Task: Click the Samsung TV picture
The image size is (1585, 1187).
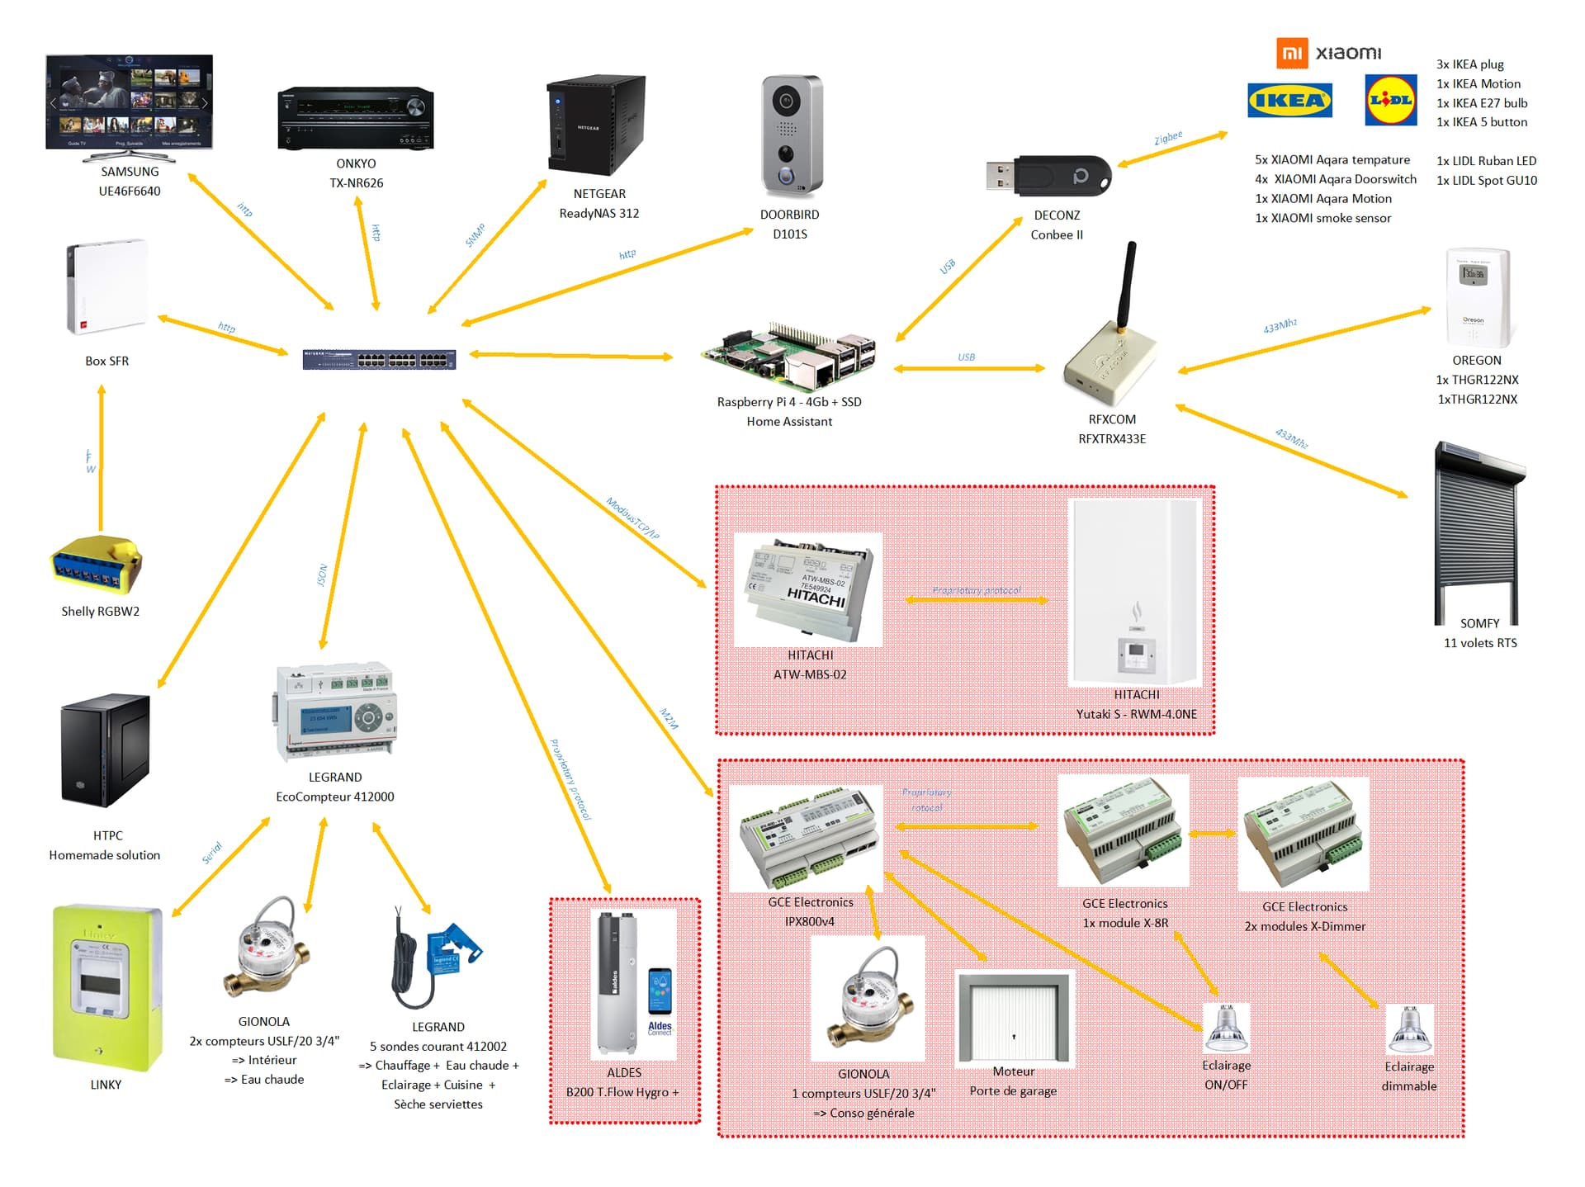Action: (x=130, y=103)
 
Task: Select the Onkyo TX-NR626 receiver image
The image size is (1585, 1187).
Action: (x=356, y=118)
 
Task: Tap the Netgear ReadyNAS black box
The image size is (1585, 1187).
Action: (x=595, y=125)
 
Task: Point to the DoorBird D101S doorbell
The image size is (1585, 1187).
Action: (x=791, y=136)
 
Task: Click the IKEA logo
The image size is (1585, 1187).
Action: (x=1289, y=101)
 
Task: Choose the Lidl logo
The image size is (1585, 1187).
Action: (x=1391, y=100)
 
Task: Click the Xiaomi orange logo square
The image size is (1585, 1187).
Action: (x=1292, y=53)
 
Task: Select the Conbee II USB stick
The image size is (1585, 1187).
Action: (x=1049, y=176)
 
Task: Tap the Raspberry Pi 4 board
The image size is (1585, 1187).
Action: (x=788, y=355)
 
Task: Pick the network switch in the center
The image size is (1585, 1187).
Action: (x=379, y=359)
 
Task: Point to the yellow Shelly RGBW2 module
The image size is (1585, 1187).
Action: (x=97, y=565)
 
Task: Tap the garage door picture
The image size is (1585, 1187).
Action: (x=1014, y=1018)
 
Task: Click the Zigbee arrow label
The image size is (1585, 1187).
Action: (x=1168, y=138)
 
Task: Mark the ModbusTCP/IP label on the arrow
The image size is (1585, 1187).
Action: (x=632, y=518)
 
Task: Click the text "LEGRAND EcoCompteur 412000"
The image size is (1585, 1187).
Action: (x=335, y=787)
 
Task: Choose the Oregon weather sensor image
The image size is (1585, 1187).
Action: (x=1478, y=297)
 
